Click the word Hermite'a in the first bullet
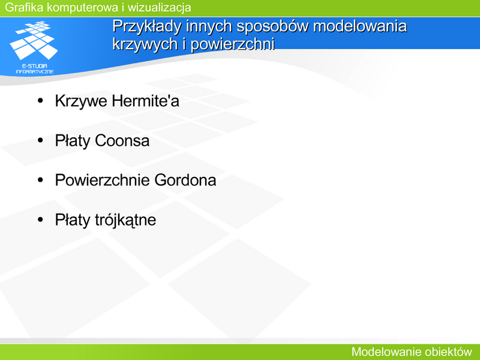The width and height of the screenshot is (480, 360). (x=145, y=101)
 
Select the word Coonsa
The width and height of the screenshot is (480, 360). (x=122, y=140)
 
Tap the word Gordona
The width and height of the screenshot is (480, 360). (x=185, y=180)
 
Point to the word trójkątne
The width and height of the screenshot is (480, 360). (x=125, y=220)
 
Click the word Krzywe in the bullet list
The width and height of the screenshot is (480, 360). (x=82, y=101)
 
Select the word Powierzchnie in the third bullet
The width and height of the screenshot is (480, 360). (x=103, y=180)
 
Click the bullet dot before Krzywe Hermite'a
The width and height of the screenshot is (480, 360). (x=40, y=100)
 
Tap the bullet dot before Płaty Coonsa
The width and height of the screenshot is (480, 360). (x=40, y=140)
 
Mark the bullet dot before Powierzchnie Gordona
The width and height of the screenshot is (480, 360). (x=40, y=179)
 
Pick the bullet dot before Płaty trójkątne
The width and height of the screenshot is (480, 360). (x=40, y=220)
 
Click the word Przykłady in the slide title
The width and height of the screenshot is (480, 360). (x=147, y=27)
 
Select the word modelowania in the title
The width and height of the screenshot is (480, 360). (x=360, y=26)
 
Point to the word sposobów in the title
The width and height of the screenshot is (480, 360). (x=272, y=27)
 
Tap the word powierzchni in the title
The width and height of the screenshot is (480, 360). (x=233, y=44)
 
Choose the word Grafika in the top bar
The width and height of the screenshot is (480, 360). (x=24, y=7)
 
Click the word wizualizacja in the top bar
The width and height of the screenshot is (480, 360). (x=159, y=8)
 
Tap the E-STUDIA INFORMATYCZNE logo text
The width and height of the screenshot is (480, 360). (x=35, y=69)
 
